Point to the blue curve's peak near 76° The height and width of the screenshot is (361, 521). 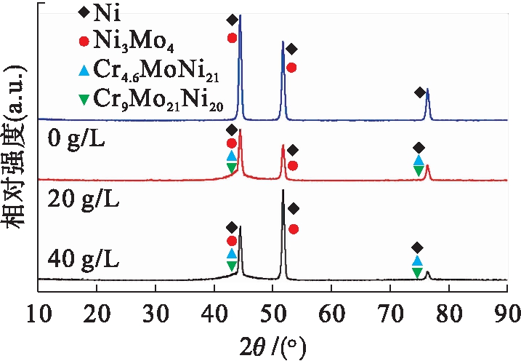(427, 90)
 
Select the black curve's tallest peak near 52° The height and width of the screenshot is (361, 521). (283, 191)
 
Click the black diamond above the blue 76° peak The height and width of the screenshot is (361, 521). (419, 92)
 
